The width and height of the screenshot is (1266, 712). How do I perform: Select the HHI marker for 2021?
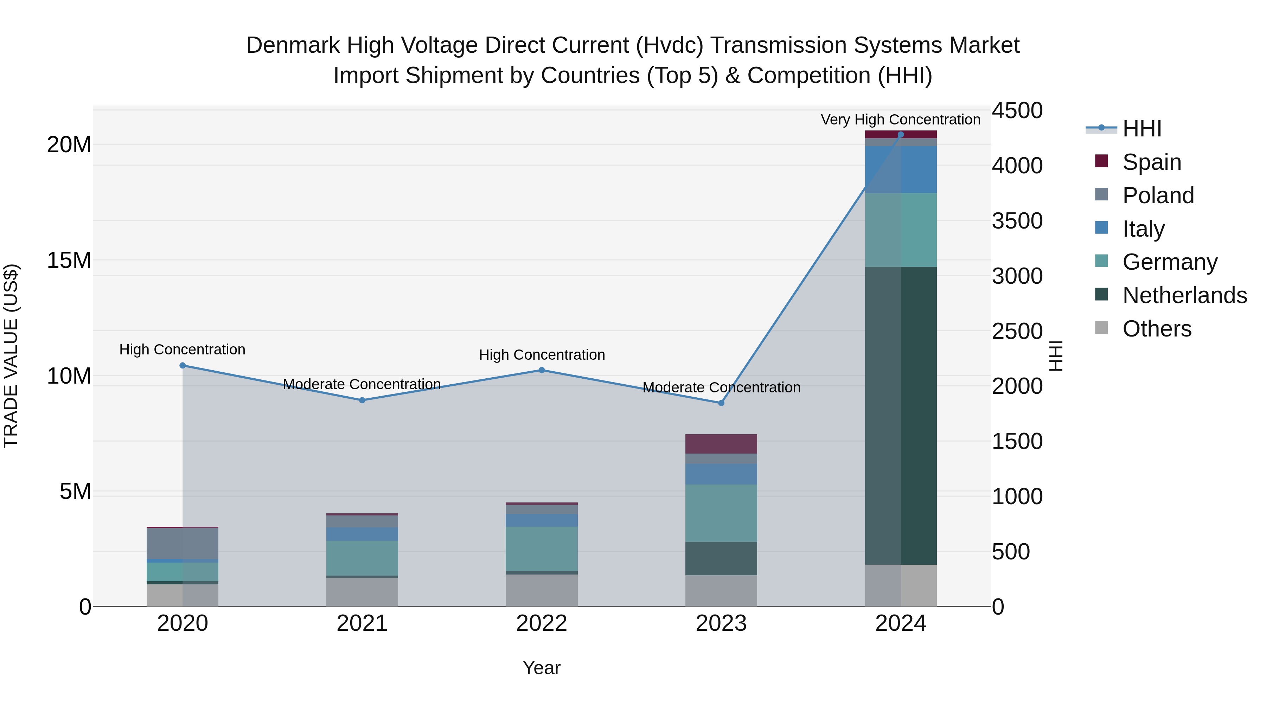(362, 400)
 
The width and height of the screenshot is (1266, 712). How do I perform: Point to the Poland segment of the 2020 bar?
(182, 544)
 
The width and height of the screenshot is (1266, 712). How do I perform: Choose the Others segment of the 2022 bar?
(542, 590)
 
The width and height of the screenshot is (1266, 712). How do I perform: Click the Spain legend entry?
(1151, 162)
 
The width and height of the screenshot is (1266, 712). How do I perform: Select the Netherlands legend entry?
(1184, 295)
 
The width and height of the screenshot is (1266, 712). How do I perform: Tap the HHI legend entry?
(1142, 129)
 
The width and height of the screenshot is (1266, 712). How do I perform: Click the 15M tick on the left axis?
(69, 261)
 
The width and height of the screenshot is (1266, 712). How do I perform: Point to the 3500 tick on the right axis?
(1017, 220)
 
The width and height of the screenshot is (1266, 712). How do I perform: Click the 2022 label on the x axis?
(542, 623)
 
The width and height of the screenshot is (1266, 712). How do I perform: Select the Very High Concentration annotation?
(900, 120)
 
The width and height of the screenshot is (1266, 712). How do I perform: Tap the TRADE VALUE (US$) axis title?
(11, 356)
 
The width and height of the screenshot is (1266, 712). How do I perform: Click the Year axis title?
(542, 668)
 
